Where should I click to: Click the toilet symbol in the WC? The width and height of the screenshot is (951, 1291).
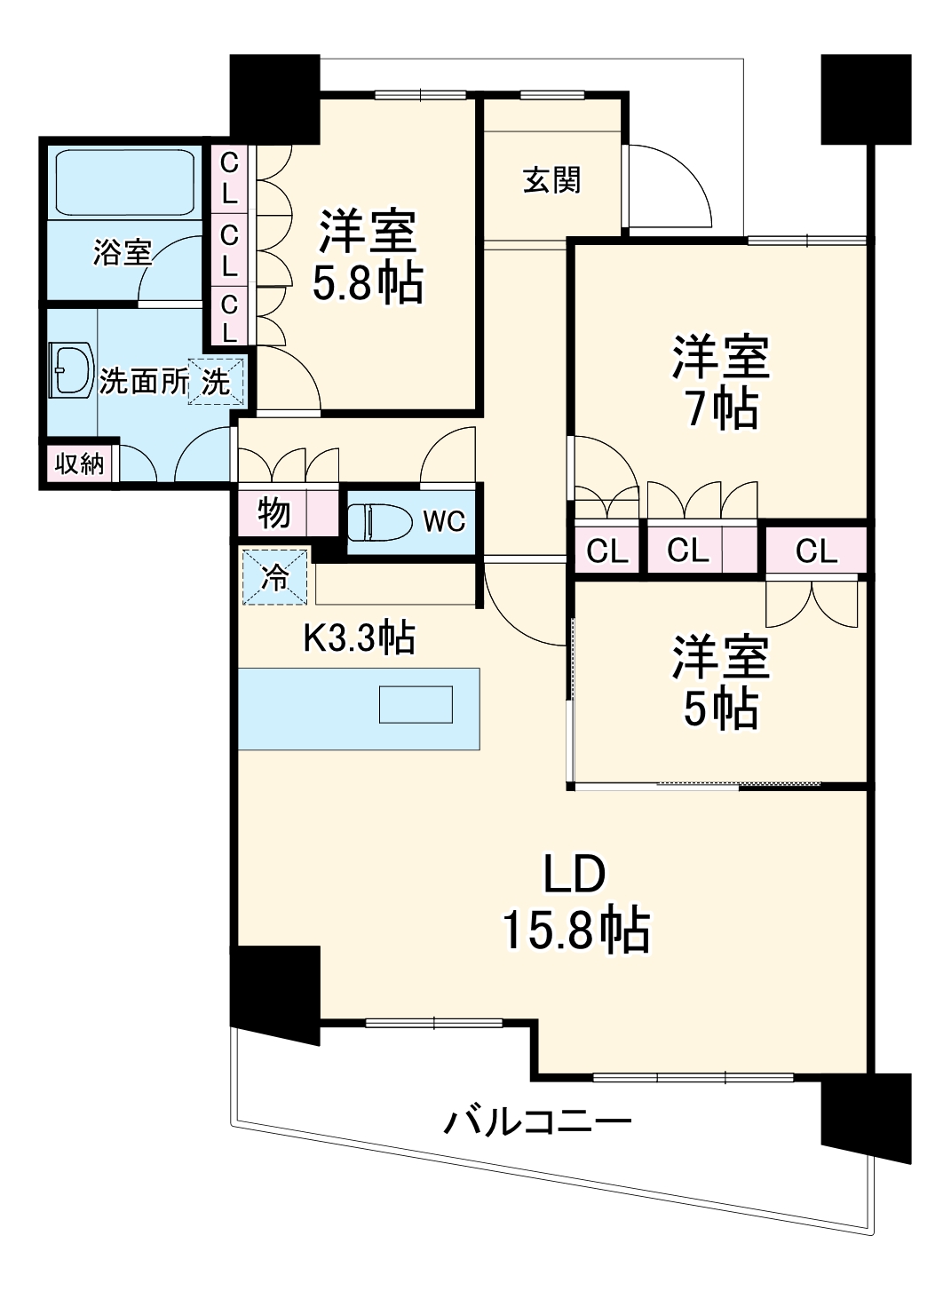(380, 522)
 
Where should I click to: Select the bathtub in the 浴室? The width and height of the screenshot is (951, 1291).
(124, 183)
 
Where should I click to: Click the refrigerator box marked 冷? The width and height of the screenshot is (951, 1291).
(274, 577)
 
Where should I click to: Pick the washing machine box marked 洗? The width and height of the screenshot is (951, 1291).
(216, 382)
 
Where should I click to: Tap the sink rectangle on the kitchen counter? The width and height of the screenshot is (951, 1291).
(416, 704)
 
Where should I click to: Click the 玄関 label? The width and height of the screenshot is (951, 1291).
(552, 180)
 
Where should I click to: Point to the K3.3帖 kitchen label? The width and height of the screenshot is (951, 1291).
(359, 637)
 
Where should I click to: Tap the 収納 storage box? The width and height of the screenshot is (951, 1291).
(80, 463)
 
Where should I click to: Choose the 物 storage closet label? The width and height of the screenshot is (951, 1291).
(273, 513)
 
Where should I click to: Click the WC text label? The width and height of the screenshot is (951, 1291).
(444, 521)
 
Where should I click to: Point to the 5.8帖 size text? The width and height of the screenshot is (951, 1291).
(368, 283)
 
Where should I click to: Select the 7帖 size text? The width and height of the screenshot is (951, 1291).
(722, 409)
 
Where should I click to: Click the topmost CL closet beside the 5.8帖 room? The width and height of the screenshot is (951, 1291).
(229, 178)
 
